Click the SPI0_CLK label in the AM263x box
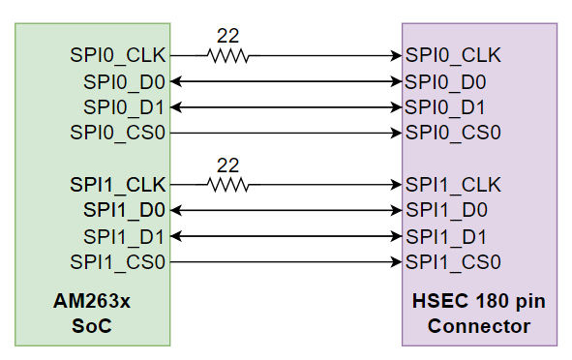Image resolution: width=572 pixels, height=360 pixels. pos(118,55)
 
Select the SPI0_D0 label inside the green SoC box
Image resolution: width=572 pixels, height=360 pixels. pos(125,81)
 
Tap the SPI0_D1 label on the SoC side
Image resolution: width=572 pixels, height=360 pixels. pos(125,106)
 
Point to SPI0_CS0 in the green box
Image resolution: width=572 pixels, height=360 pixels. pos(118,132)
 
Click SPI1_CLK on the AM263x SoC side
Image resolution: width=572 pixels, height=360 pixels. pos(118,184)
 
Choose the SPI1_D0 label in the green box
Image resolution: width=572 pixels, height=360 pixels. pos(125,209)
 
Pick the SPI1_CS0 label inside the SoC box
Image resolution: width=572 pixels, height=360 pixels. pos(118,261)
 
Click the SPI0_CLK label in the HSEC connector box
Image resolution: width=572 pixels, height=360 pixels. pos(454,55)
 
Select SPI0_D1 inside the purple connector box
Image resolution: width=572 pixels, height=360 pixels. pos(446,106)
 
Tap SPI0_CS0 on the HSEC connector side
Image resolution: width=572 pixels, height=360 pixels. pos(454,132)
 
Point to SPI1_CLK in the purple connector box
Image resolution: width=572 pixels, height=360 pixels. pos(454,184)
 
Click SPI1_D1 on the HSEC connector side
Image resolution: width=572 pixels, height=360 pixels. pos(446,235)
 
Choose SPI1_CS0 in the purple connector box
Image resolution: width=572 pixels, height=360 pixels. pos(454,261)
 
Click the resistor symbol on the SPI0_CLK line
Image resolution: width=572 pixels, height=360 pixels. pos(228,56)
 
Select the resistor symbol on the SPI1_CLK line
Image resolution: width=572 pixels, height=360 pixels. pos(228,184)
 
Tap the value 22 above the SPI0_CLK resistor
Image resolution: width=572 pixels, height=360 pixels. pos(227,36)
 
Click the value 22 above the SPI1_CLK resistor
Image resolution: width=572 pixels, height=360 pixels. pos(227,165)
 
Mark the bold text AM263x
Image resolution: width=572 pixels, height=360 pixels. pos(92,302)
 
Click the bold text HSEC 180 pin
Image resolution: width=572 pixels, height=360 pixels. pos(479,302)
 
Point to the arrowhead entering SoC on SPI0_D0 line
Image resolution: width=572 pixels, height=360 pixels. pos(176,81)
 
